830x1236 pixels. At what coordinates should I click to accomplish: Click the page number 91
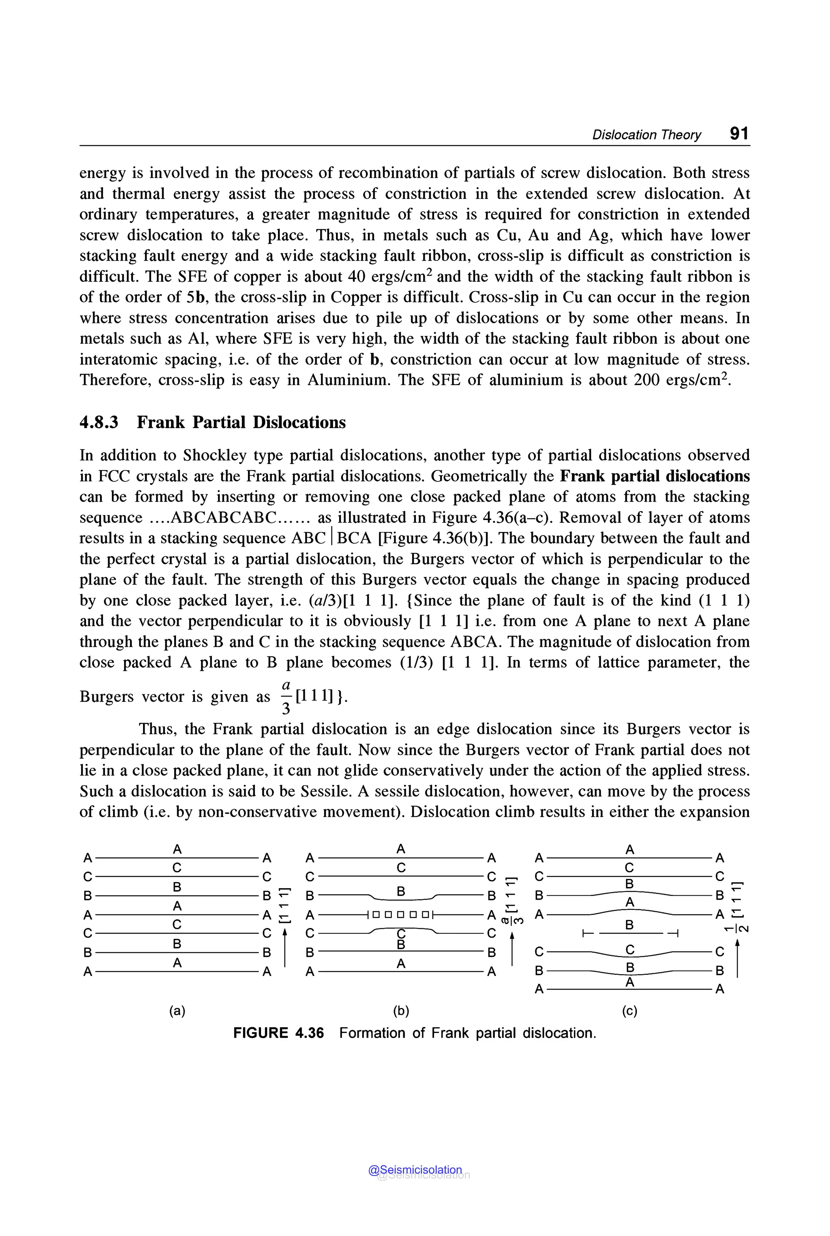click(739, 133)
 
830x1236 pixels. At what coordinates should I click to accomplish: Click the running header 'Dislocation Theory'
click(646, 135)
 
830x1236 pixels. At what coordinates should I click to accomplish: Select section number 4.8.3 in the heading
click(99, 422)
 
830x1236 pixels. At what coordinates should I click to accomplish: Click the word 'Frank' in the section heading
click(162, 422)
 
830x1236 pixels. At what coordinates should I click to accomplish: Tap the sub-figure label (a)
click(178, 1011)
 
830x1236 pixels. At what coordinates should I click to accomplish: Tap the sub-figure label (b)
click(401, 1011)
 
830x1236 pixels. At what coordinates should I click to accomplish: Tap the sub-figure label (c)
click(629, 1011)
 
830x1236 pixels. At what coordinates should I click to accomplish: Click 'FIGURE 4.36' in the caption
click(278, 1033)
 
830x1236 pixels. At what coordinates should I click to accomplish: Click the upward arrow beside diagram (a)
click(284, 951)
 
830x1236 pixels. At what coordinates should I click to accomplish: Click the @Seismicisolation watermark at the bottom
click(415, 1170)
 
